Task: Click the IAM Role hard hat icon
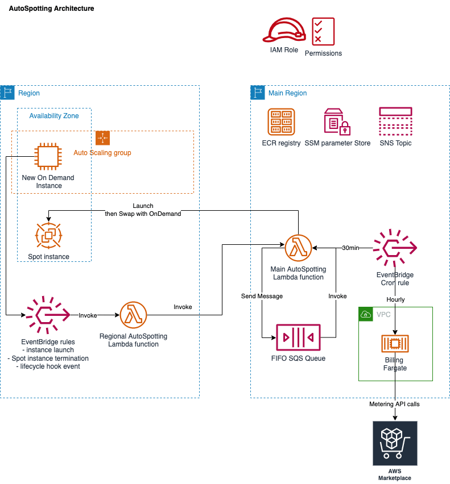[x=284, y=30]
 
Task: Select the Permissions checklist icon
[x=323, y=31]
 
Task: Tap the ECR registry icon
[x=281, y=122]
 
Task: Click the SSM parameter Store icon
[x=337, y=122]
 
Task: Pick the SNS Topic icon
[x=395, y=122]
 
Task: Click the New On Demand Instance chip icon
[x=48, y=156]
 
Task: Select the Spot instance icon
[x=48, y=236]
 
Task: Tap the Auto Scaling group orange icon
[x=102, y=137]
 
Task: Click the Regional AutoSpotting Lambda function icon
[x=134, y=315]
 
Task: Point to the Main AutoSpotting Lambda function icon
[x=298, y=248]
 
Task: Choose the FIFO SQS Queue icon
[x=298, y=337]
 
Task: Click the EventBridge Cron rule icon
[x=395, y=248]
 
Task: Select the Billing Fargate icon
[x=395, y=344]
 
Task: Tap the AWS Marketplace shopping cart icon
[x=395, y=443]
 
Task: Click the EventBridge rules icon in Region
[x=48, y=315]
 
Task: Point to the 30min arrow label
[x=350, y=248]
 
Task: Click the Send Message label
[x=262, y=296]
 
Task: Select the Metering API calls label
[x=394, y=404]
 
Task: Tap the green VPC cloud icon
[x=366, y=314]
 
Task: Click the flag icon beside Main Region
[x=258, y=93]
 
